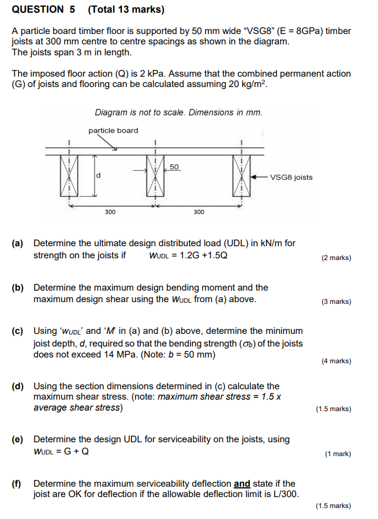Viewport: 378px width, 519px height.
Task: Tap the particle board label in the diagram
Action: (113, 130)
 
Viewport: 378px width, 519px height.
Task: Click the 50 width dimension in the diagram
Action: (175, 167)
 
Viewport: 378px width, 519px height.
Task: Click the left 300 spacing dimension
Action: (110, 212)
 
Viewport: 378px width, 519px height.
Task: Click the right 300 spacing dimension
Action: (199, 212)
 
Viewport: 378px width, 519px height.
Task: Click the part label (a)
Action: (18, 243)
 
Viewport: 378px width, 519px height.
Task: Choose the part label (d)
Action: (18, 386)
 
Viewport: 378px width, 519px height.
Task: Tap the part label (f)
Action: (17, 484)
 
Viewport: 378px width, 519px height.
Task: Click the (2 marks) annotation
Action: (336, 258)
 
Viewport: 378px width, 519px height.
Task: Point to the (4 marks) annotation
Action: (336, 361)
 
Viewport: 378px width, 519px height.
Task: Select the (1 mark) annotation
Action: (338, 454)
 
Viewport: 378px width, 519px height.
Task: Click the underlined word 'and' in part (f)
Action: (241, 484)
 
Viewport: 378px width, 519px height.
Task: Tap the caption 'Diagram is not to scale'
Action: (178, 112)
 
